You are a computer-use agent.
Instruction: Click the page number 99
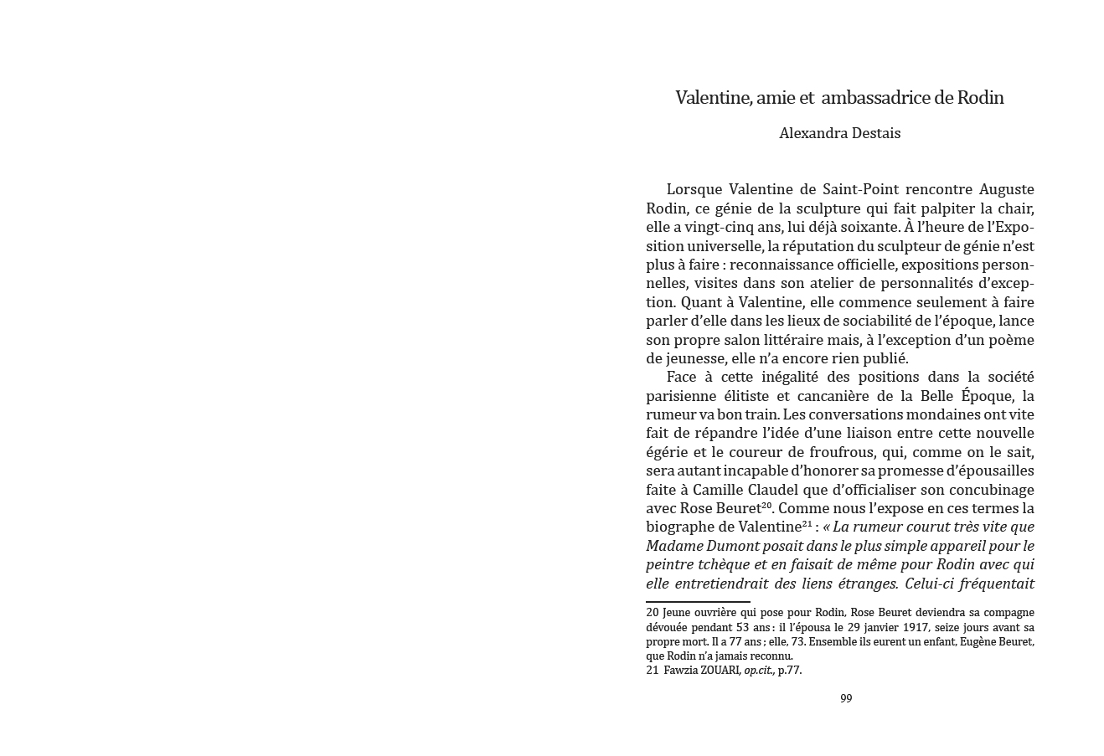(x=846, y=698)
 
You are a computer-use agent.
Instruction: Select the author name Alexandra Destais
(x=839, y=133)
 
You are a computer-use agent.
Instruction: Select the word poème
(x=1010, y=340)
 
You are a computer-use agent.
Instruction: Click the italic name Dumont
(x=737, y=546)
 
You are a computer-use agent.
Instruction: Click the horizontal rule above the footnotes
(x=698, y=601)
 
